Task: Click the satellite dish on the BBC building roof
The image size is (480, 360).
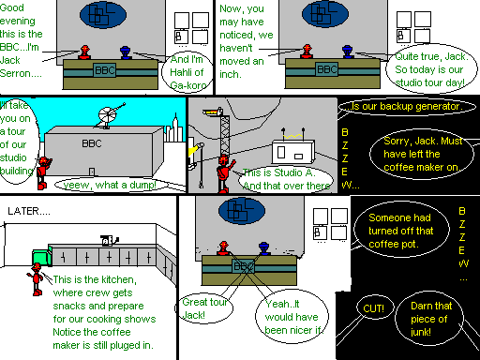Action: (110, 115)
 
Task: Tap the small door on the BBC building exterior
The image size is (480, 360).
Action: (92, 172)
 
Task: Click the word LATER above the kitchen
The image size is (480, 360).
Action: (23, 211)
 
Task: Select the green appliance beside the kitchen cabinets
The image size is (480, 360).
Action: (42, 257)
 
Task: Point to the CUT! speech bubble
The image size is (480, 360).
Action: (374, 308)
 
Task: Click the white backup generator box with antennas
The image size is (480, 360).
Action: (292, 152)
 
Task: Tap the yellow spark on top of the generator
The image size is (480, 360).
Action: (293, 137)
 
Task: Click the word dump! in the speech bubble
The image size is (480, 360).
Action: (142, 185)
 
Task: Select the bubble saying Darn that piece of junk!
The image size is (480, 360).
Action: (429, 319)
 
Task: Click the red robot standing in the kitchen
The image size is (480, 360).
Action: (37, 279)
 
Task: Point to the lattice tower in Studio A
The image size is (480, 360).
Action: (225, 134)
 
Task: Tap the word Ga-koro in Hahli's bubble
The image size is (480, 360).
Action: (188, 85)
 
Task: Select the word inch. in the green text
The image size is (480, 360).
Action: (231, 74)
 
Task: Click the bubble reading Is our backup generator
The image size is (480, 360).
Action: (407, 107)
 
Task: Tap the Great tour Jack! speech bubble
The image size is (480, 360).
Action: (203, 308)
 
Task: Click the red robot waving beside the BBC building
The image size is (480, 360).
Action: (43, 173)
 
